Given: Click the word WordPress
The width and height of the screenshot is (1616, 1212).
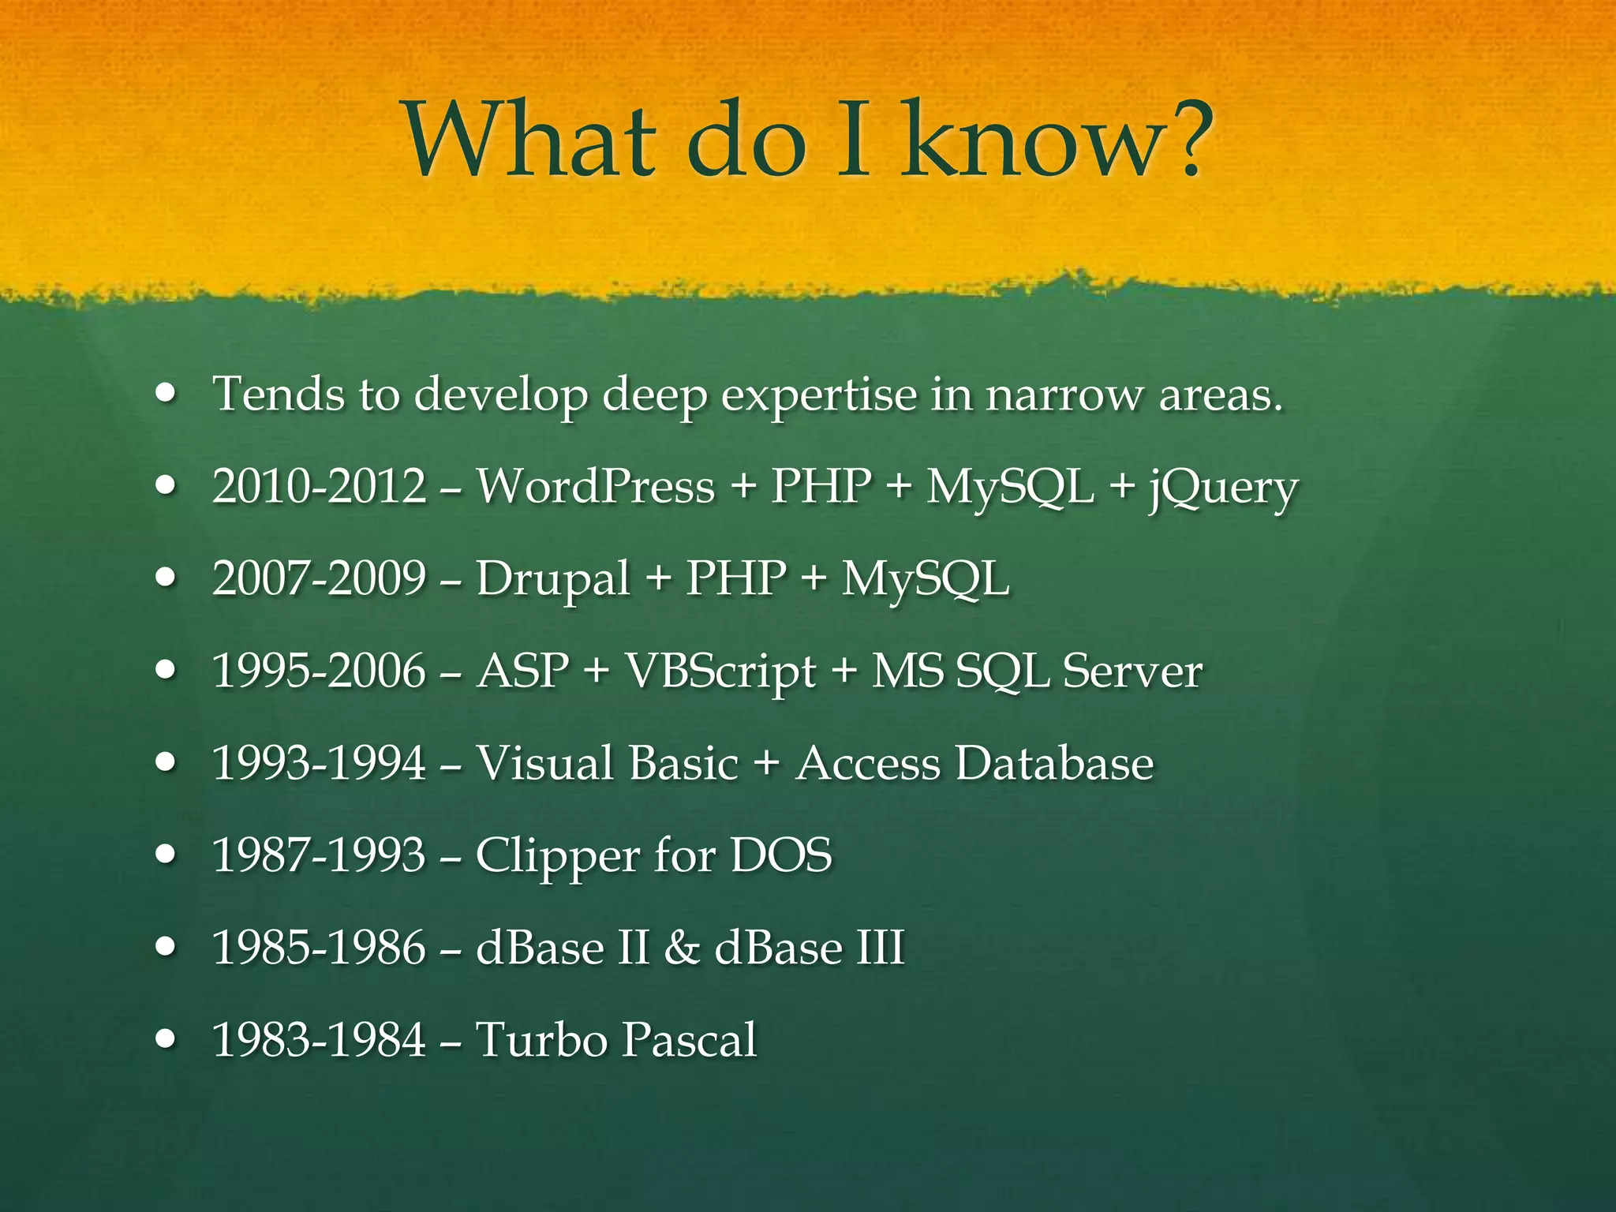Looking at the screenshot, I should (596, 486).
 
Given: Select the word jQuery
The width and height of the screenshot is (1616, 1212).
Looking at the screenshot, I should (1223, 489).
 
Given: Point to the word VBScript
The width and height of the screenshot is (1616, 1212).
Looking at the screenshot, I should (720, 672).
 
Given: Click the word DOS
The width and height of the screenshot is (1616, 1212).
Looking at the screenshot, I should (781, 855).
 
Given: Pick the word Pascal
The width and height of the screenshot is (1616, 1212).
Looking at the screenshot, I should (688, 1039).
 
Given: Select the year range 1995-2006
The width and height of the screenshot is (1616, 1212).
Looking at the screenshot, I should (320, 671).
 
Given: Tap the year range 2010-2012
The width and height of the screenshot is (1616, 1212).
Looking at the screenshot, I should (320, 486).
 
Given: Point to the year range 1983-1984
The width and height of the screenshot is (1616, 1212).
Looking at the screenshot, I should (320, 1039).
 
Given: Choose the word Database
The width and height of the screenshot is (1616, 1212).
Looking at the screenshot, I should (1054, 763).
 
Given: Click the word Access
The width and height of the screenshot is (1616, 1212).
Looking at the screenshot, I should (868, 763).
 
